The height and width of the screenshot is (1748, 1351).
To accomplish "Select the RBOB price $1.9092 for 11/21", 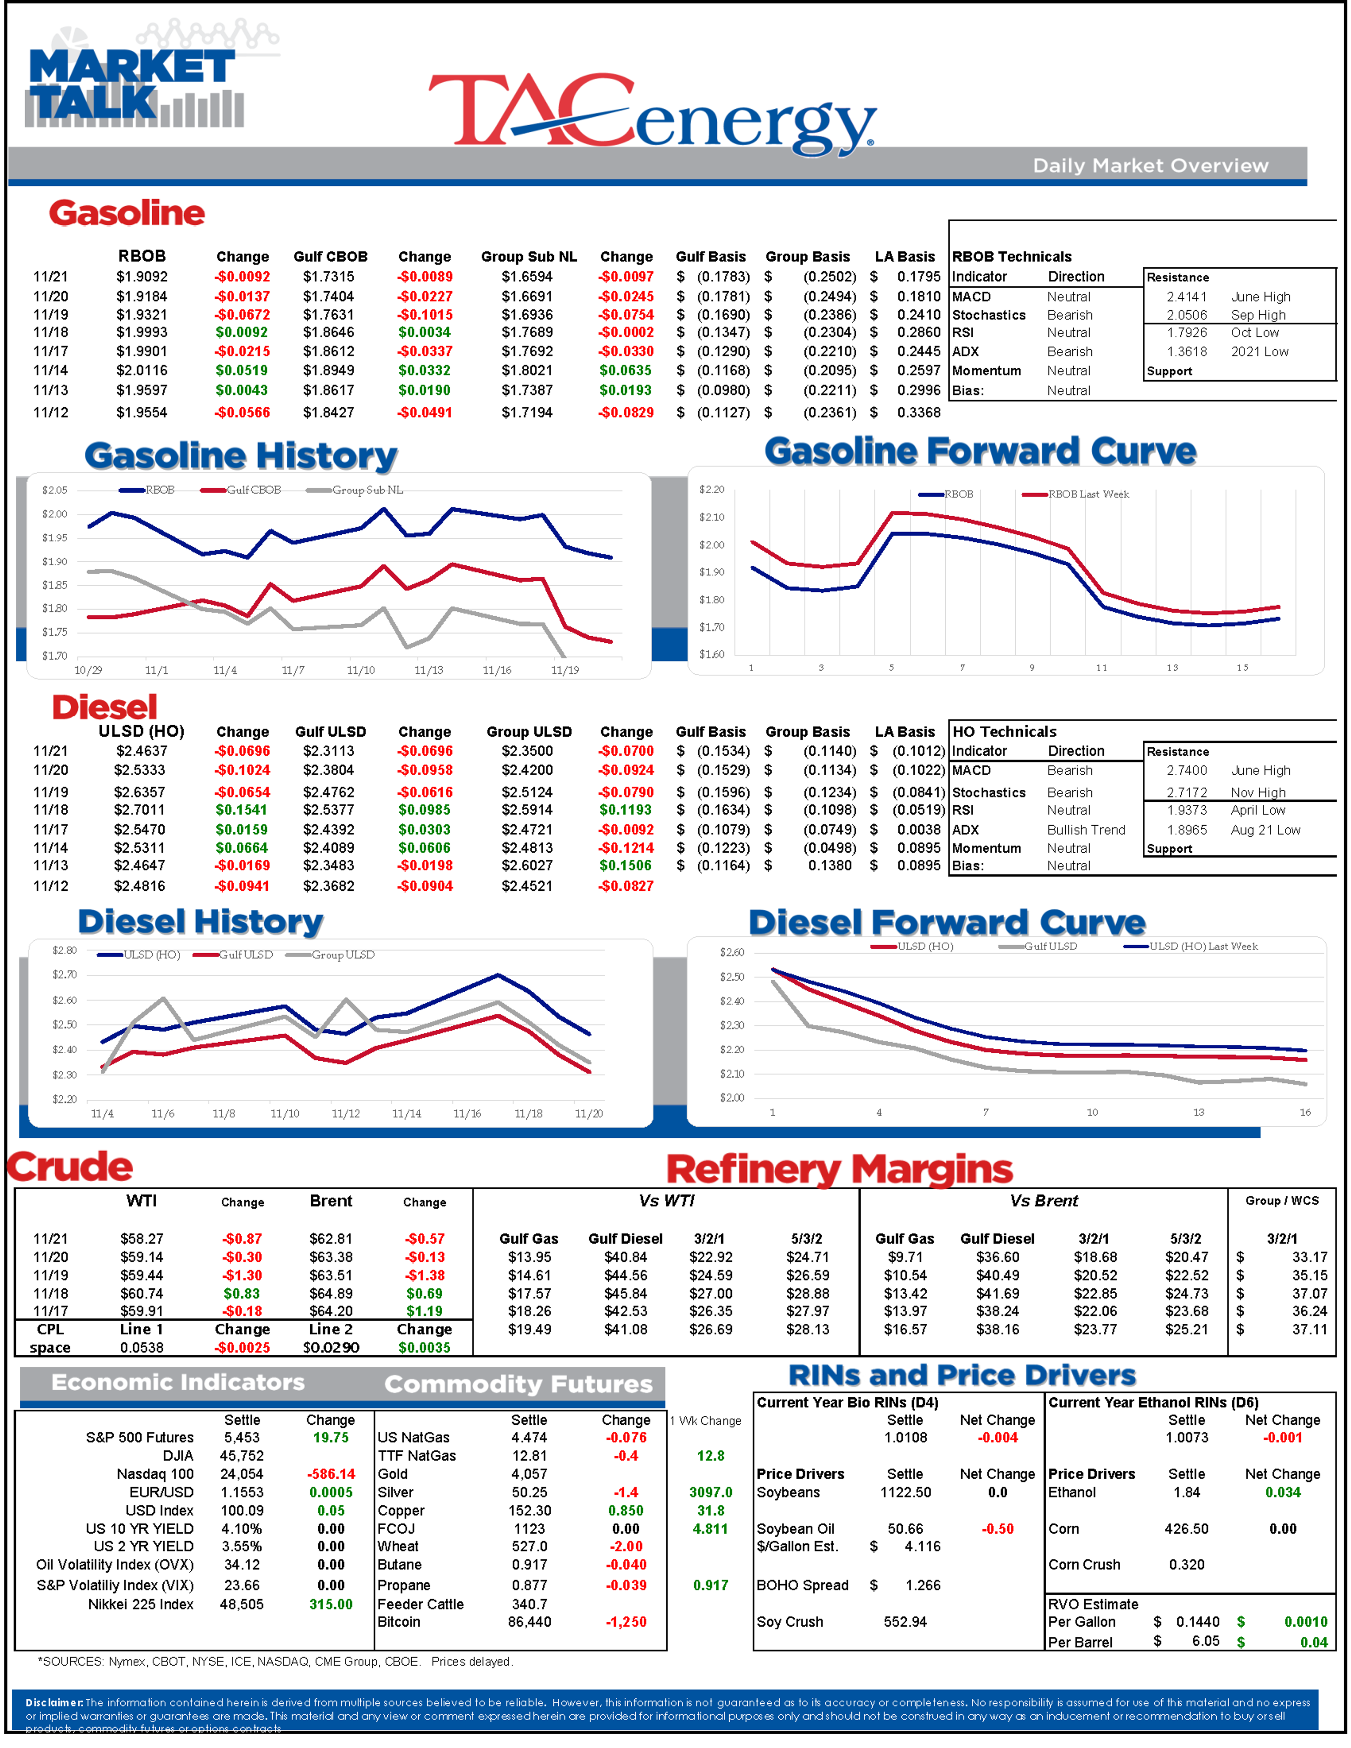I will tap(142, 277).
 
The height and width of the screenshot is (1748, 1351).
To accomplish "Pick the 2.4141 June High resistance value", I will tap(1186, 297).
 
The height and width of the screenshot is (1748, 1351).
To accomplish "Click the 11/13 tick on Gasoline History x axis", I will tap(428, 670).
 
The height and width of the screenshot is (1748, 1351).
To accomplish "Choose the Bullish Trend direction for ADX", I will tap(1085, 830).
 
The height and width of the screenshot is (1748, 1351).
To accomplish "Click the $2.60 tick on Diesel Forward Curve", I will tap(731, 952).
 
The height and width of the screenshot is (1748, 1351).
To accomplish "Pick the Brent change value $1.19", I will tap(424, 1311).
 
